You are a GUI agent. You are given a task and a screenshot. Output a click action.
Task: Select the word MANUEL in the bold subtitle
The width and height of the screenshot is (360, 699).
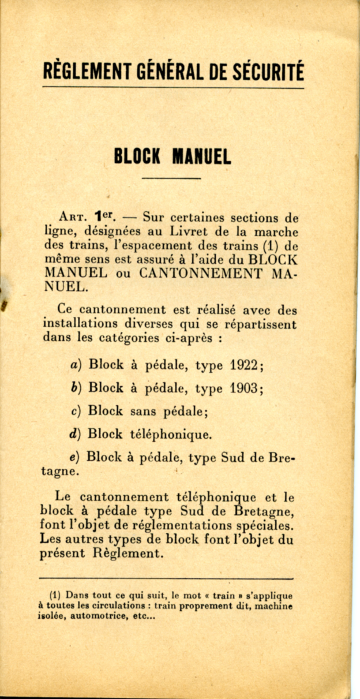(201, 156)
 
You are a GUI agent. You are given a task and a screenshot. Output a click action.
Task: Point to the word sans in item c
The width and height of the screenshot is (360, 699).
(144, 411)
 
